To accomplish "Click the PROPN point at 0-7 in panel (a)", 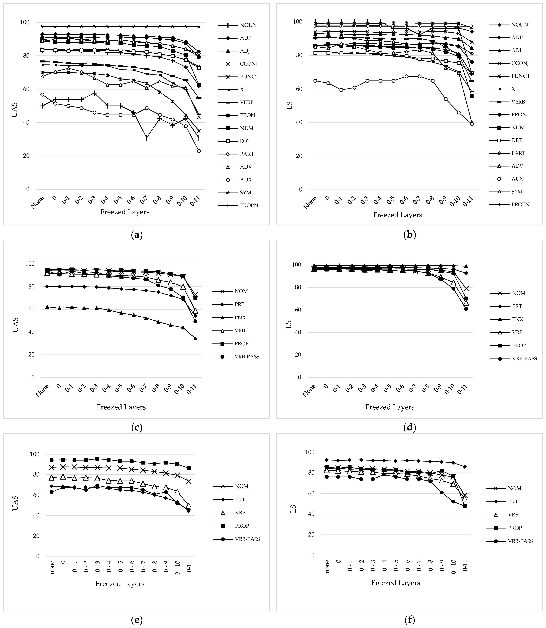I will pyautogui.click(x=147, y=138).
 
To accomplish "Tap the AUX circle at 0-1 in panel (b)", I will pyautogui.click(x=341, y=90).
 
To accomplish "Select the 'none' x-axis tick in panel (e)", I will pyautogui.click(x=52, y=567).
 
